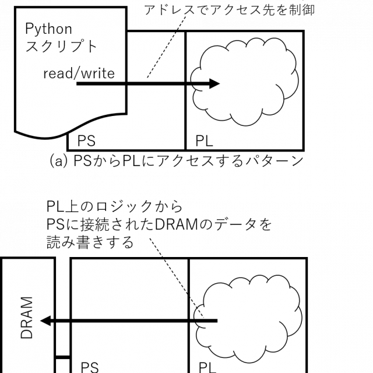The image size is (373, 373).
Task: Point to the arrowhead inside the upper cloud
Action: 214,84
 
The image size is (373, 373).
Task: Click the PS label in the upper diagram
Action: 86,141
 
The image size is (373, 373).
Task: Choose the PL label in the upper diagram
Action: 205,141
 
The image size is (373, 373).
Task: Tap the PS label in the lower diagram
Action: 90,367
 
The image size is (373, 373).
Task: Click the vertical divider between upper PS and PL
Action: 185,117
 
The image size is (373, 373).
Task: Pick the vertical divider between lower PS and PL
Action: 189,350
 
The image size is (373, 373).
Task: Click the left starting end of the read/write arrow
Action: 78,84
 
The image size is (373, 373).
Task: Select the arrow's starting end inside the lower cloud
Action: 216,321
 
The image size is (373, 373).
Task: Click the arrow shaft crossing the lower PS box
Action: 128,321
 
